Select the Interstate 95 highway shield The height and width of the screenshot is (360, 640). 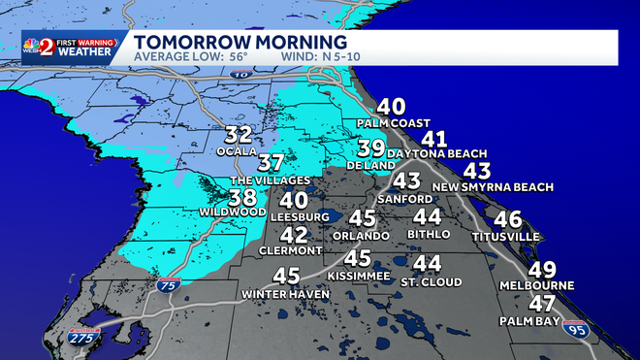click(575, 332)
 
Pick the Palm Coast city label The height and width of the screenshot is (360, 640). click(393, 124)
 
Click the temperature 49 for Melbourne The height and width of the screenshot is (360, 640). click(542, 270)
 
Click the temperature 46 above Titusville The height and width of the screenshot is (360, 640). click(507, 219)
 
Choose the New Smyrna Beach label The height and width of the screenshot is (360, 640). click(493, 186)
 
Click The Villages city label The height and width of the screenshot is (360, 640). click(271, 180)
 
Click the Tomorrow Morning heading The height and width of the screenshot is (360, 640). click(240, 43)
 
